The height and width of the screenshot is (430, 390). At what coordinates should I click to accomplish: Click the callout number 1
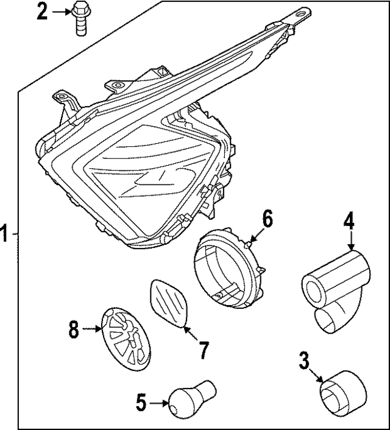[x=5, y=233]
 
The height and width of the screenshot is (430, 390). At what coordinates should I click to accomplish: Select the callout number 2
[x=41, y=12]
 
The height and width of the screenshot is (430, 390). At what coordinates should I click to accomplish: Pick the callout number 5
[x=141, y=402]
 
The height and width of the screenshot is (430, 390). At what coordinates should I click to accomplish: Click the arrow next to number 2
[x=60, y=12]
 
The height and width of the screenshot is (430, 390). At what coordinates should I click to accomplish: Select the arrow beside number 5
[x=158, y=402]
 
